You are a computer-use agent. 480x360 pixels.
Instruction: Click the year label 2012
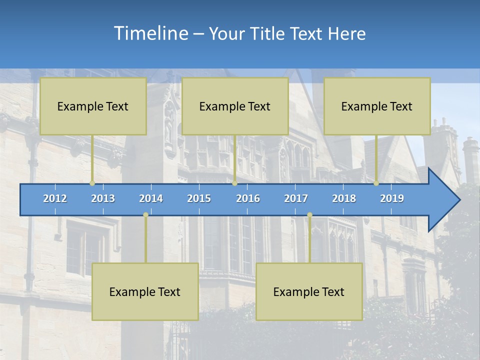click(x=55, y=198)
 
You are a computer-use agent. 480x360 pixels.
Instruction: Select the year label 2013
click(x=103, y=198)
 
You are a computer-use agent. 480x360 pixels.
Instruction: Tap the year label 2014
click(x=151, y=198)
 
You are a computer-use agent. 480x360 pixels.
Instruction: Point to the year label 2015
click(x=199, y=198)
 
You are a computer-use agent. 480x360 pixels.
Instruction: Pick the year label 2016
click(x=248, y=198)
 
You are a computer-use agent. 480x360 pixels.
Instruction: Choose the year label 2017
click(x=296, y=198)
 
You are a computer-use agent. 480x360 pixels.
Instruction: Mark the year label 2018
click(x=344, y=198)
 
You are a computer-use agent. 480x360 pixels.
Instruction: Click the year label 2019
click(x=392, y=198)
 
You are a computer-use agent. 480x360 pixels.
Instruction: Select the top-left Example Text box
click(x=93, y=106)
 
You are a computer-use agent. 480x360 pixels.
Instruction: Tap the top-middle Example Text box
click(x=235, y=106)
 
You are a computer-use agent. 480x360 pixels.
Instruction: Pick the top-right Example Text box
click(x=377, y=106)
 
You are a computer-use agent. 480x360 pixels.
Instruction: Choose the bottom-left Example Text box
click(x=145, y=291)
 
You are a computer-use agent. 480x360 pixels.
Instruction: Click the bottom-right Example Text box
click(x=309, y=291)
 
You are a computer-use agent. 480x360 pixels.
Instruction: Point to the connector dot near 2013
click(x=92, y=183)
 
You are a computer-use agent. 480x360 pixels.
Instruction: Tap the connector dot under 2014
click(x=145, y=214)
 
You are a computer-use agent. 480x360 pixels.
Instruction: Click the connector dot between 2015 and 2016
click(x=234, y=183)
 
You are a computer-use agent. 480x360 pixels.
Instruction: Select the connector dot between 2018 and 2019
click(x=376, y=183)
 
